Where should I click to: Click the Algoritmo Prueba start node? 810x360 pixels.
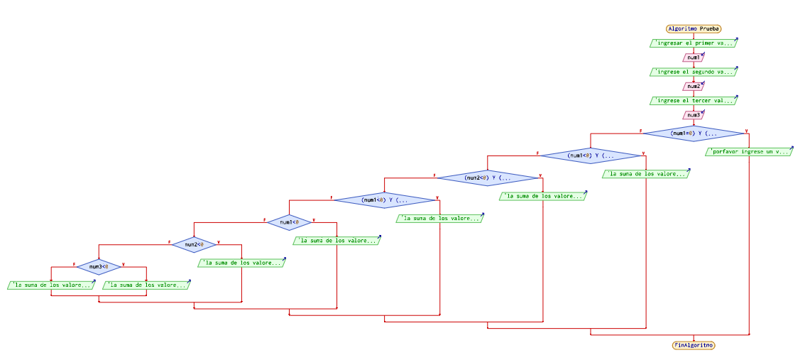pos(693,29)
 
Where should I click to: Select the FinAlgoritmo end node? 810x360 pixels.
pos(694,344)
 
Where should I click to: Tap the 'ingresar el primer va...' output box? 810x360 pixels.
pos(693,43)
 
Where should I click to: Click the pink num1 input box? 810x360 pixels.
pos(693,58)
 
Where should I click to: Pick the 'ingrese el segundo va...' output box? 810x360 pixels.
pos(693,72)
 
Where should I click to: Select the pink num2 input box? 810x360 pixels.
pos(693,86)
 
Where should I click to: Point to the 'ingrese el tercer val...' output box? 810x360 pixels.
pos(693,101)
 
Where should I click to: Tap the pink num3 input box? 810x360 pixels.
pos(693,115)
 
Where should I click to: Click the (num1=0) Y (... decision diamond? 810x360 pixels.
pos(694,133)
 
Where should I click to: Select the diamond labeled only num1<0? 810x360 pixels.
pos(289,222)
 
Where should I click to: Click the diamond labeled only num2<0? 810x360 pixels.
pos(194,244)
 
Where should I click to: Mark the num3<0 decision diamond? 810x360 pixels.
pos(99,267)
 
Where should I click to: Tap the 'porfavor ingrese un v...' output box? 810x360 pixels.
pos(749,151)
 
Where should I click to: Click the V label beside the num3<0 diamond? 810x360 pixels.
pos(124,263)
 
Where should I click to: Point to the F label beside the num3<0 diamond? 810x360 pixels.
pos(74,263)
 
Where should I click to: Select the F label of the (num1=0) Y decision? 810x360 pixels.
pos(641,130)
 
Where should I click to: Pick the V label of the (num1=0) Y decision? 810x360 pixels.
pos(746,130)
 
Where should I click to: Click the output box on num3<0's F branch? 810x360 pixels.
pos(51,285)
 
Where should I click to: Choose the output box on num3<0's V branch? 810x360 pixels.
pos(146,285)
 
